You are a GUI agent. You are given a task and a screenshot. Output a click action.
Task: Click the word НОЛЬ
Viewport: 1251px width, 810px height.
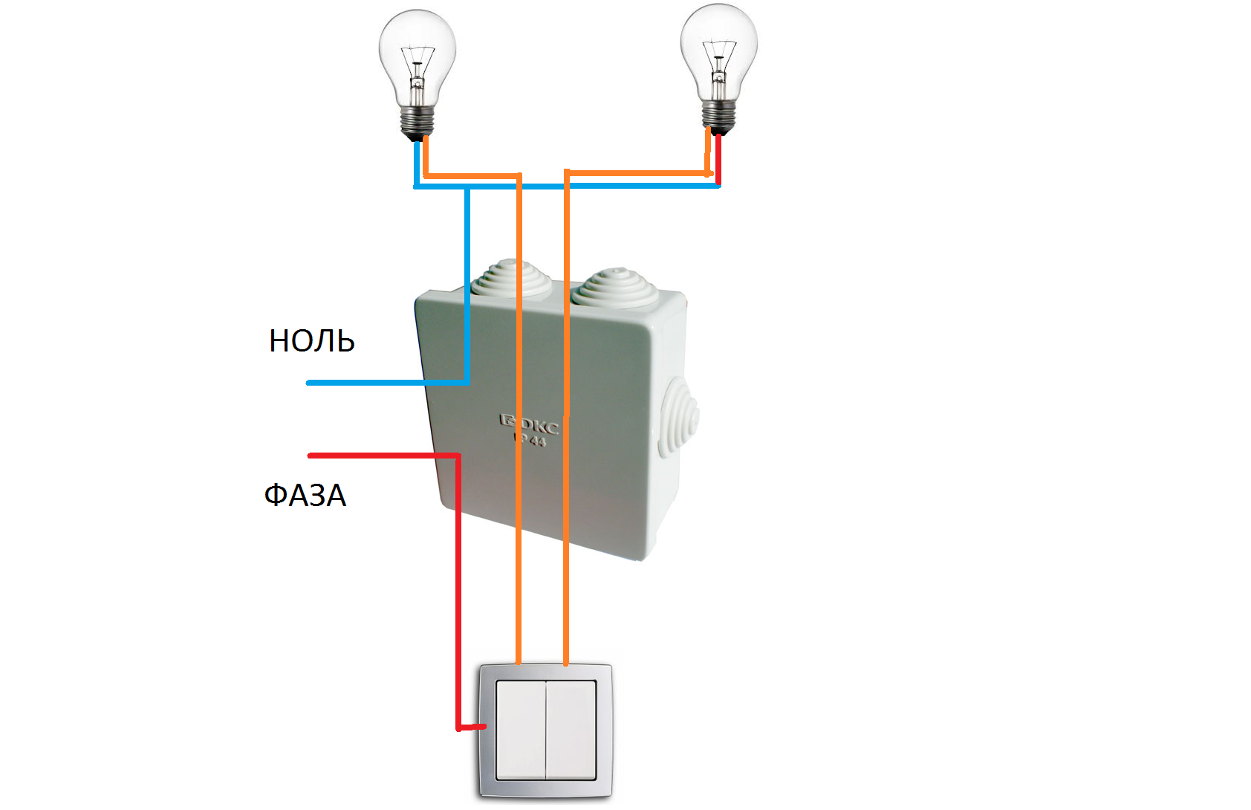pos(311,341)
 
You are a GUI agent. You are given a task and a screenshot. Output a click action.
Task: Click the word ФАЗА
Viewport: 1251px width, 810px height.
pos(305,495)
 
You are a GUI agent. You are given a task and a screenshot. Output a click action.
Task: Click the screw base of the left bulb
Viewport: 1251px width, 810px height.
pos(417,120)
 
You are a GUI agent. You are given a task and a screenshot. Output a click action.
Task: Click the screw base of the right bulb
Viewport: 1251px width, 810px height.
pos(718,115)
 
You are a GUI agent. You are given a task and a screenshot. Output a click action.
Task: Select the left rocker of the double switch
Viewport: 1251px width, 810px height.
pos(521,730)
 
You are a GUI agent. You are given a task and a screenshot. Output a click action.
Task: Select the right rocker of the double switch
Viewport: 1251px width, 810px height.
pos(571,730)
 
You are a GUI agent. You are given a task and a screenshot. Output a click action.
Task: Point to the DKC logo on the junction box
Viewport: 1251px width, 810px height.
pos(529,426)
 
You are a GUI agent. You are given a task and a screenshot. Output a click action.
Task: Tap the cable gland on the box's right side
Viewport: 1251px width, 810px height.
pos(680,420)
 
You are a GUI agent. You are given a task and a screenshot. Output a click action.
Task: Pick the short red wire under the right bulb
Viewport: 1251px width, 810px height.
pos(718,158)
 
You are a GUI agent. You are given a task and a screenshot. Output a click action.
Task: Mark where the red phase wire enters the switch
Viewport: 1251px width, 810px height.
pos(481,727)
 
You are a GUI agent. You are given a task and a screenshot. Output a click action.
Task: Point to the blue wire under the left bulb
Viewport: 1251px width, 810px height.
pos(417,163)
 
